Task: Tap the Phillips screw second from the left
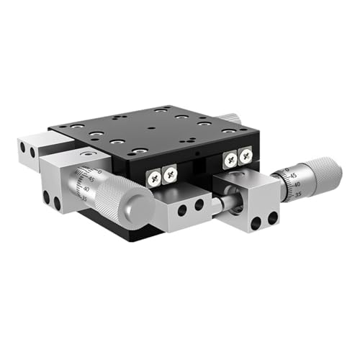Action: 170,173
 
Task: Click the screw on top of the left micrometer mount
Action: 87,154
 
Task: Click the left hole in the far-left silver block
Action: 23,148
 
